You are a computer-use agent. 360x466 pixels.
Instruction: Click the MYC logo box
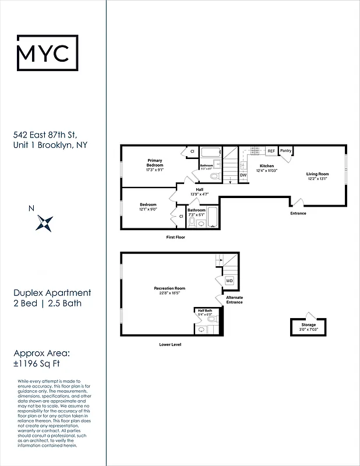(x=47, y=53)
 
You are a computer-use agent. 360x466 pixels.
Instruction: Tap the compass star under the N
(x=45, y=222)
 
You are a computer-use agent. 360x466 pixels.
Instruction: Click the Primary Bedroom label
(x=154, y=163)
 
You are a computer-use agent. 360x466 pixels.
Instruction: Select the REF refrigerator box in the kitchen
(x=271, y=151)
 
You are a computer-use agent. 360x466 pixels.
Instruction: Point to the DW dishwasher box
(x=243, y=175)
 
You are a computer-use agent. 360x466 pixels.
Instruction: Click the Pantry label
(x=285, y=151)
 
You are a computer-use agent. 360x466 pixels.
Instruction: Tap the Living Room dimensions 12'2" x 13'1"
(x=318, y=178)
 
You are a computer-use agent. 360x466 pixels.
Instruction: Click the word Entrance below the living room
(x=298, y=213)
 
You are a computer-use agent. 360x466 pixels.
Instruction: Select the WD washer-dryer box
(x=229, y=280)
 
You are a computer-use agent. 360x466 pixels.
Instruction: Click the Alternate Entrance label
(x=234, y=299)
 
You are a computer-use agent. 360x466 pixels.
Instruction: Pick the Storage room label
(x=309, y=324)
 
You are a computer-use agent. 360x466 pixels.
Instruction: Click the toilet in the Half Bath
(x=211, y=319)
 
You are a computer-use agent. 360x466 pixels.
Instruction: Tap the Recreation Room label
(x=170, y=288)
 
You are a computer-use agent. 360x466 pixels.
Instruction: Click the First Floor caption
(x=175, y=238)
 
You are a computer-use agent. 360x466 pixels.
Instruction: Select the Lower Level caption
(x=170, y=344)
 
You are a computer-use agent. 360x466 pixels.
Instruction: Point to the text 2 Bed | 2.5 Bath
(x=48, y=303)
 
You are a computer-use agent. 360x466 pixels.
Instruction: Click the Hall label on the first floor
(x=199, y=189)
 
